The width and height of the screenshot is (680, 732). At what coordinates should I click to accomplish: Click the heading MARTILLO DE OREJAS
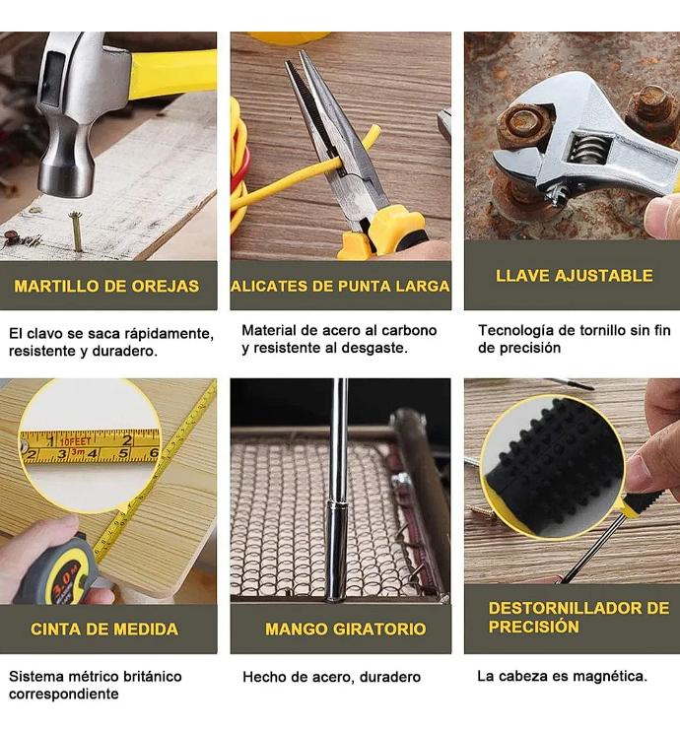click(x=106, y=286)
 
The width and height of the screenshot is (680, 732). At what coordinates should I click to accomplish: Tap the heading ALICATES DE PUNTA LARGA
click(x=340, y=286)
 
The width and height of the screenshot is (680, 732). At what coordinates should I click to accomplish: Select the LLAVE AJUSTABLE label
click(x=574, y=276)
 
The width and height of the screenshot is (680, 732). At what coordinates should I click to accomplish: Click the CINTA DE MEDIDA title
click(x=104, y=629)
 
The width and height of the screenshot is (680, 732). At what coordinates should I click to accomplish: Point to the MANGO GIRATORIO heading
click(x=346, y=629)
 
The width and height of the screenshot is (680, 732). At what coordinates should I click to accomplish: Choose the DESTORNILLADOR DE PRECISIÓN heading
click(x=578, y=617)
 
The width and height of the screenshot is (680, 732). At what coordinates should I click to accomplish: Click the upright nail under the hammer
click(x=76, y=232)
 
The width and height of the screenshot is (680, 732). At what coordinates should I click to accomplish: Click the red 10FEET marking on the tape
click(x=75, y=441)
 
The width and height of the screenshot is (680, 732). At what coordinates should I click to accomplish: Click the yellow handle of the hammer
click(x=172, y=75)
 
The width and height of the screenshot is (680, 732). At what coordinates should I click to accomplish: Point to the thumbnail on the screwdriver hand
click(x=635, y=474)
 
